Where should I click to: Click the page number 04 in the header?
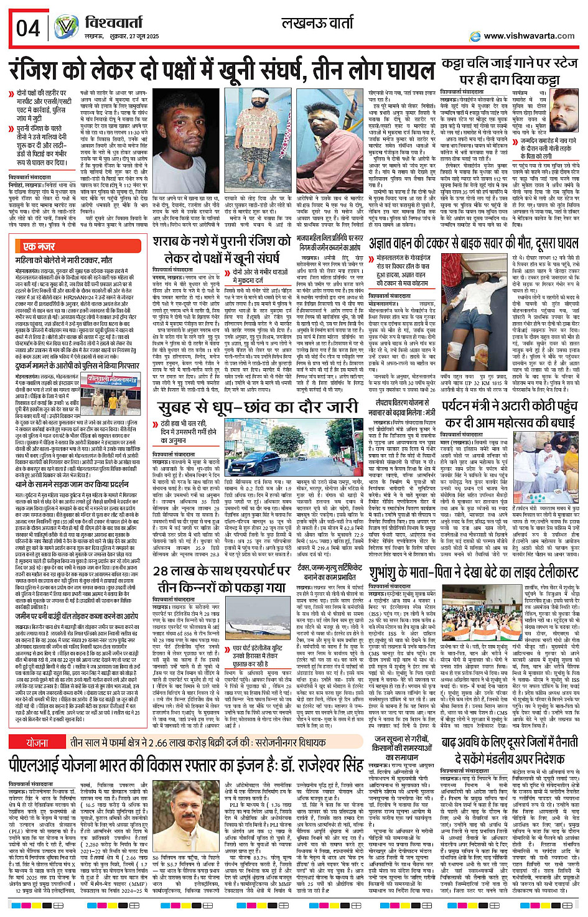click(x=28, y=29)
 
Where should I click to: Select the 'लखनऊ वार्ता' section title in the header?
click(x=317, y=24)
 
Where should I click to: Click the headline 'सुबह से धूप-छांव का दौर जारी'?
click(x=258, y=407)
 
